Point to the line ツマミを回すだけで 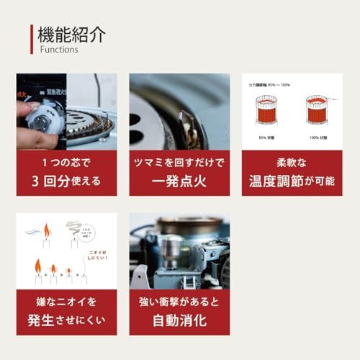click(179, 162)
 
